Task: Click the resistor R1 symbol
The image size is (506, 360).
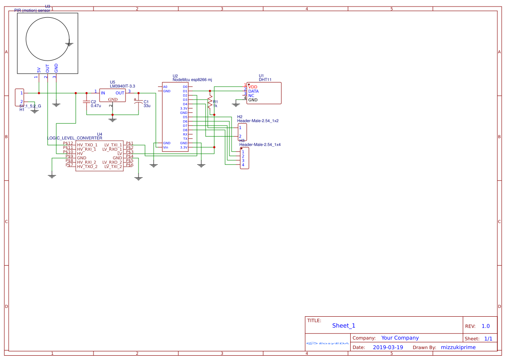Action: click(x=210, y=103)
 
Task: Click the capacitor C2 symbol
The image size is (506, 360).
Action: click(x=86, y=102)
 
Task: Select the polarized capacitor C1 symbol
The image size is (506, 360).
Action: click(x=139, y=102)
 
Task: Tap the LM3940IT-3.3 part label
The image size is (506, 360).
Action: click(x=122, y=87)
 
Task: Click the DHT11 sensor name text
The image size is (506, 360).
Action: click(x=265, y=80)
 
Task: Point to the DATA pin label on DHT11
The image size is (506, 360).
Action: click(x=253, y=91)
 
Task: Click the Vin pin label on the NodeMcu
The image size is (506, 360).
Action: click(x=165, y=148)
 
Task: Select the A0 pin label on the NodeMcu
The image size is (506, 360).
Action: click(x=165, y=87)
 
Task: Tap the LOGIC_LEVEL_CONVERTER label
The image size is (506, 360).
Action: click(x=74, y=138)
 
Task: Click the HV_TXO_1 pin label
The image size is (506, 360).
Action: click(x=87, y=145)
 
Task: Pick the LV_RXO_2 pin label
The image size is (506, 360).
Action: click(x=112, y=162)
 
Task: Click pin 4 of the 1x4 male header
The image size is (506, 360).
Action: click(x=243, y=165)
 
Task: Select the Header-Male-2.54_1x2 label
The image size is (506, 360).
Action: click(x=258, y=121)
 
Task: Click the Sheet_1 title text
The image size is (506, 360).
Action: click(x=344, y=326)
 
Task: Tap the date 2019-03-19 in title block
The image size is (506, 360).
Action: click(x=388, y=347)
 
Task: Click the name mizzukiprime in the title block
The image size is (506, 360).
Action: click(x=458, y=347)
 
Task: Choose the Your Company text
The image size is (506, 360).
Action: click(x=400, y=338)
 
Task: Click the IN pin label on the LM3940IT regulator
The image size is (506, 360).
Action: click(x=103, y=93)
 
